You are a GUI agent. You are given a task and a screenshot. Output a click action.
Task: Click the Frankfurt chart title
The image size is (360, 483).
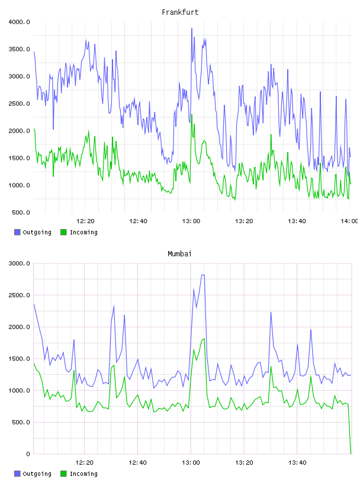tap(180, 12)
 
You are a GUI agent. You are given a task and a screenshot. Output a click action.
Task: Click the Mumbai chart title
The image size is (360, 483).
tap(179, 254)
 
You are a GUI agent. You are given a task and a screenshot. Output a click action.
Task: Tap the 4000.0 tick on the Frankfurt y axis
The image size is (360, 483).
tap(20, 22)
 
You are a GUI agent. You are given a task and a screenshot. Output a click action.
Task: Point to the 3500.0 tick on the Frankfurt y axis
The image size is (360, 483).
tap(20, 49)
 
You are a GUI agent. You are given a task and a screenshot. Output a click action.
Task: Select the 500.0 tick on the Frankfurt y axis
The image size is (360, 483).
tap(21, 212)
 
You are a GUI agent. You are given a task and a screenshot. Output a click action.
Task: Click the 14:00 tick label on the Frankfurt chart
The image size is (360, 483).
tap(349, 221)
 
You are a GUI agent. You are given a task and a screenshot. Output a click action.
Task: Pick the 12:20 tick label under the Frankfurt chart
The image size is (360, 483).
tap(85, 221)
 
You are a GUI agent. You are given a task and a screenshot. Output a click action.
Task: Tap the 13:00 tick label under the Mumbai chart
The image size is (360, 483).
tap(191, 463)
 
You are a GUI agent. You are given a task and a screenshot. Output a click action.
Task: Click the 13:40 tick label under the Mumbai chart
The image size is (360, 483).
tap(297, 463)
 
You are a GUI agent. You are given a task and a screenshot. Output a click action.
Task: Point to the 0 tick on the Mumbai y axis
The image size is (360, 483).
tap(28, 454)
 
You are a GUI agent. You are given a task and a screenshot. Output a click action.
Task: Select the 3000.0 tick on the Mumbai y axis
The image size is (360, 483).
tap(20, 263)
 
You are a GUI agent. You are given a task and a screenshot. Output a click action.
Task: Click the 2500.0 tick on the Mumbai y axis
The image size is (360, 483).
tap(20, 295)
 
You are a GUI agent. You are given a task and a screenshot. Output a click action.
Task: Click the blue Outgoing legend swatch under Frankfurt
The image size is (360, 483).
tap(17, 232)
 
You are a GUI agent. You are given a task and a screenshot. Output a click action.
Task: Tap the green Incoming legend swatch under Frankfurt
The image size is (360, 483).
tap(63, 232)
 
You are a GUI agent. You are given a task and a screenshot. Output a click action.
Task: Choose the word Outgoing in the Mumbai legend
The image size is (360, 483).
tap(37, 474)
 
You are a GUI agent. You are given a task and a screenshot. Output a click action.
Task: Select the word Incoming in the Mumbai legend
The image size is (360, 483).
tap(83, 474)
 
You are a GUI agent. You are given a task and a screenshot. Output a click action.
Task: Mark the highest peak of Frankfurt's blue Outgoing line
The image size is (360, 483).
tap(192, 28)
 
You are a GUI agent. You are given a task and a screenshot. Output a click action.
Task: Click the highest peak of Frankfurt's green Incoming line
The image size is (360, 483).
tap(192, 115)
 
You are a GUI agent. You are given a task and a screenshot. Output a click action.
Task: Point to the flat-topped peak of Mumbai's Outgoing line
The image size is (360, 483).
tap(203, 275)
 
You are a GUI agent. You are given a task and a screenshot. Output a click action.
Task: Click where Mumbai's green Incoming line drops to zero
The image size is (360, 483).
tap(351, 453)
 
